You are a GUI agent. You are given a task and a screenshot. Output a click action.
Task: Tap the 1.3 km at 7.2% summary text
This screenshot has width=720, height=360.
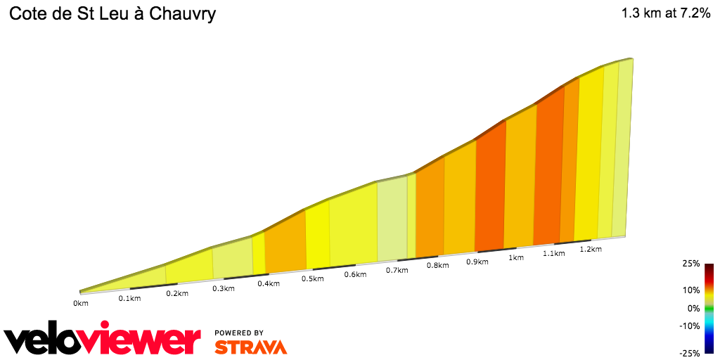coord(665,14)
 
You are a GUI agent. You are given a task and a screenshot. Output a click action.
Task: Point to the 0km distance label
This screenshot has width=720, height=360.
coord(81,303)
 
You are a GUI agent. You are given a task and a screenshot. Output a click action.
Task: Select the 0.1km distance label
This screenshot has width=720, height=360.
coord(129,298)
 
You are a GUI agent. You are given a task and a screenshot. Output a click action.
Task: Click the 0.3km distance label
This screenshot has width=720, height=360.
coord(223,288)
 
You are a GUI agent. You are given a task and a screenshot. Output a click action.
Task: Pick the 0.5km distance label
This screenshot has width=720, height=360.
coord(312,278)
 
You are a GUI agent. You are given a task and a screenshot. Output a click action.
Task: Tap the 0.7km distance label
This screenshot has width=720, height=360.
coord(397,269)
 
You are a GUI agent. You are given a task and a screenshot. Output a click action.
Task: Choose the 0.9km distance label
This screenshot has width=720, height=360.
coord(477,262)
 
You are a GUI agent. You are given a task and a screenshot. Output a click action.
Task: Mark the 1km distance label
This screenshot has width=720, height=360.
coord(515,257)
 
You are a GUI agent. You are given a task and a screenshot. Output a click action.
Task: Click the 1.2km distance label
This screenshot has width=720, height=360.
coord(591,249)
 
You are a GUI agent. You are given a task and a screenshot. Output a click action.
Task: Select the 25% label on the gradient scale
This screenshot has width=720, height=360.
coord(692,264)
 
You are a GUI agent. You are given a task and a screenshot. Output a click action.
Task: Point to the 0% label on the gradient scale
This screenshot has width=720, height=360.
coord(694,308)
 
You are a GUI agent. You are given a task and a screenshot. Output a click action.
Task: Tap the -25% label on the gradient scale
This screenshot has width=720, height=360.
coord(690,353)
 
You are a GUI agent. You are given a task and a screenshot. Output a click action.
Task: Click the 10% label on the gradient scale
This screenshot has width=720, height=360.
coord(692,290)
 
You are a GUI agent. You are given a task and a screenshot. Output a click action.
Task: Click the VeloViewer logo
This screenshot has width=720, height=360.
coord(103,340)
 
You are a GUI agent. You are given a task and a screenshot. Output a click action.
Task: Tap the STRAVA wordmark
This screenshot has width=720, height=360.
coord(250,347)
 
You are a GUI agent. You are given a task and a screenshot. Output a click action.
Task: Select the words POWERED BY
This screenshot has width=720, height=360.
coord(239,333)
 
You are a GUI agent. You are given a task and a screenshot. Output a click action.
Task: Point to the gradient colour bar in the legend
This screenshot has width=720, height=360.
coord(709,308)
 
